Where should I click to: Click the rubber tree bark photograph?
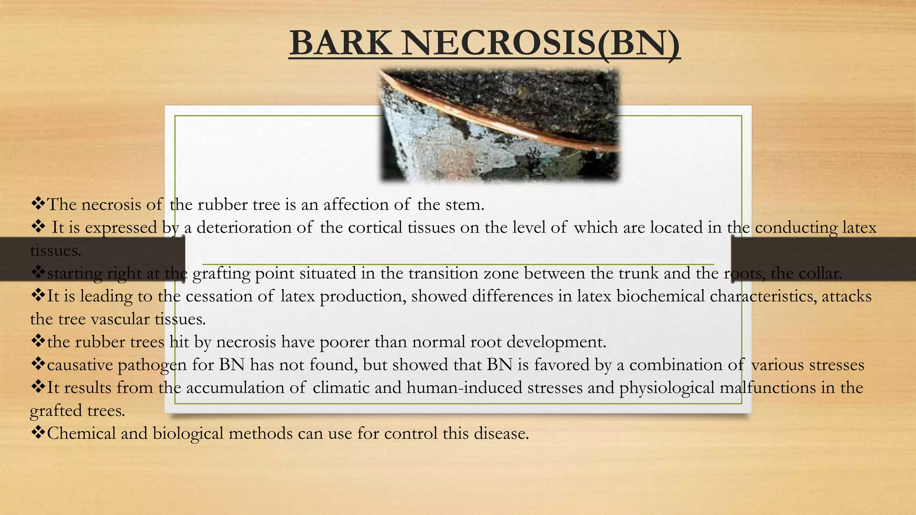(x=499, y=125)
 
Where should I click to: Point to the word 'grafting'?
(x=221, y=274)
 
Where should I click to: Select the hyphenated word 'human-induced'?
(x=464, y=388)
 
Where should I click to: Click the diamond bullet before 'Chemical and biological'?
(x=38, y=432)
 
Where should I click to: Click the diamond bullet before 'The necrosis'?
(x=38, y=203)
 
